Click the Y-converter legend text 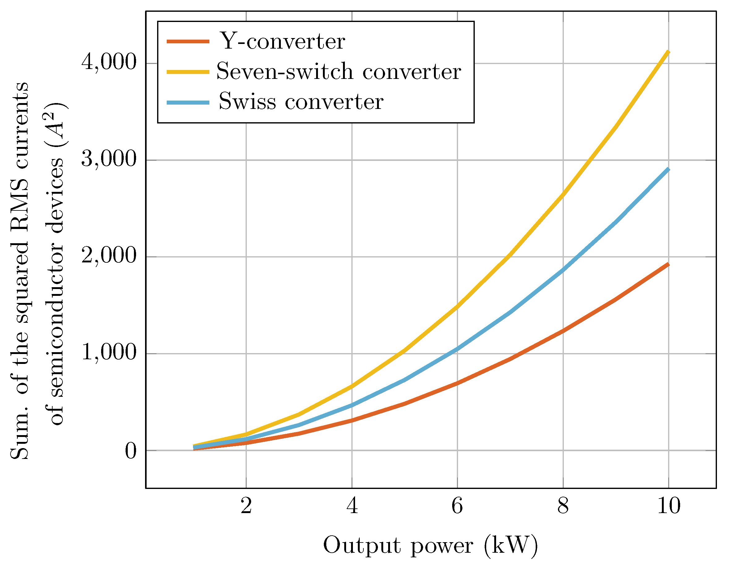click(x=282, y=42)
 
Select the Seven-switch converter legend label click(x=338, y=72)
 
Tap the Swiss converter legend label click(x=301, y=102)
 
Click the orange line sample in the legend click(x=188, y=42)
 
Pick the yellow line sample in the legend click(x=188, y=72)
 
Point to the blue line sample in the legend click(x=188, y=102)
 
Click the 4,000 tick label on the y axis click(x=109, y=63)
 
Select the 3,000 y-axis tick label click(x=109, y=159)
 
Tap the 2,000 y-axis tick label click(x=109, y=256)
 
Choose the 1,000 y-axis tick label click(x=109, y=353)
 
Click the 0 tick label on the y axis click(x=131, y=451)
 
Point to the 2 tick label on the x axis click(x=246, y=506)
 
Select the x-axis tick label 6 click(x=457, y=506)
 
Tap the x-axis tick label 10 click(x=669, y=506)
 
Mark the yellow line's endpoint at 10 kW click(x=668, y=52)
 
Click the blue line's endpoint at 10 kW click(x=668, y=169)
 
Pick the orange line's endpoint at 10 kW click(x=668, y=264)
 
